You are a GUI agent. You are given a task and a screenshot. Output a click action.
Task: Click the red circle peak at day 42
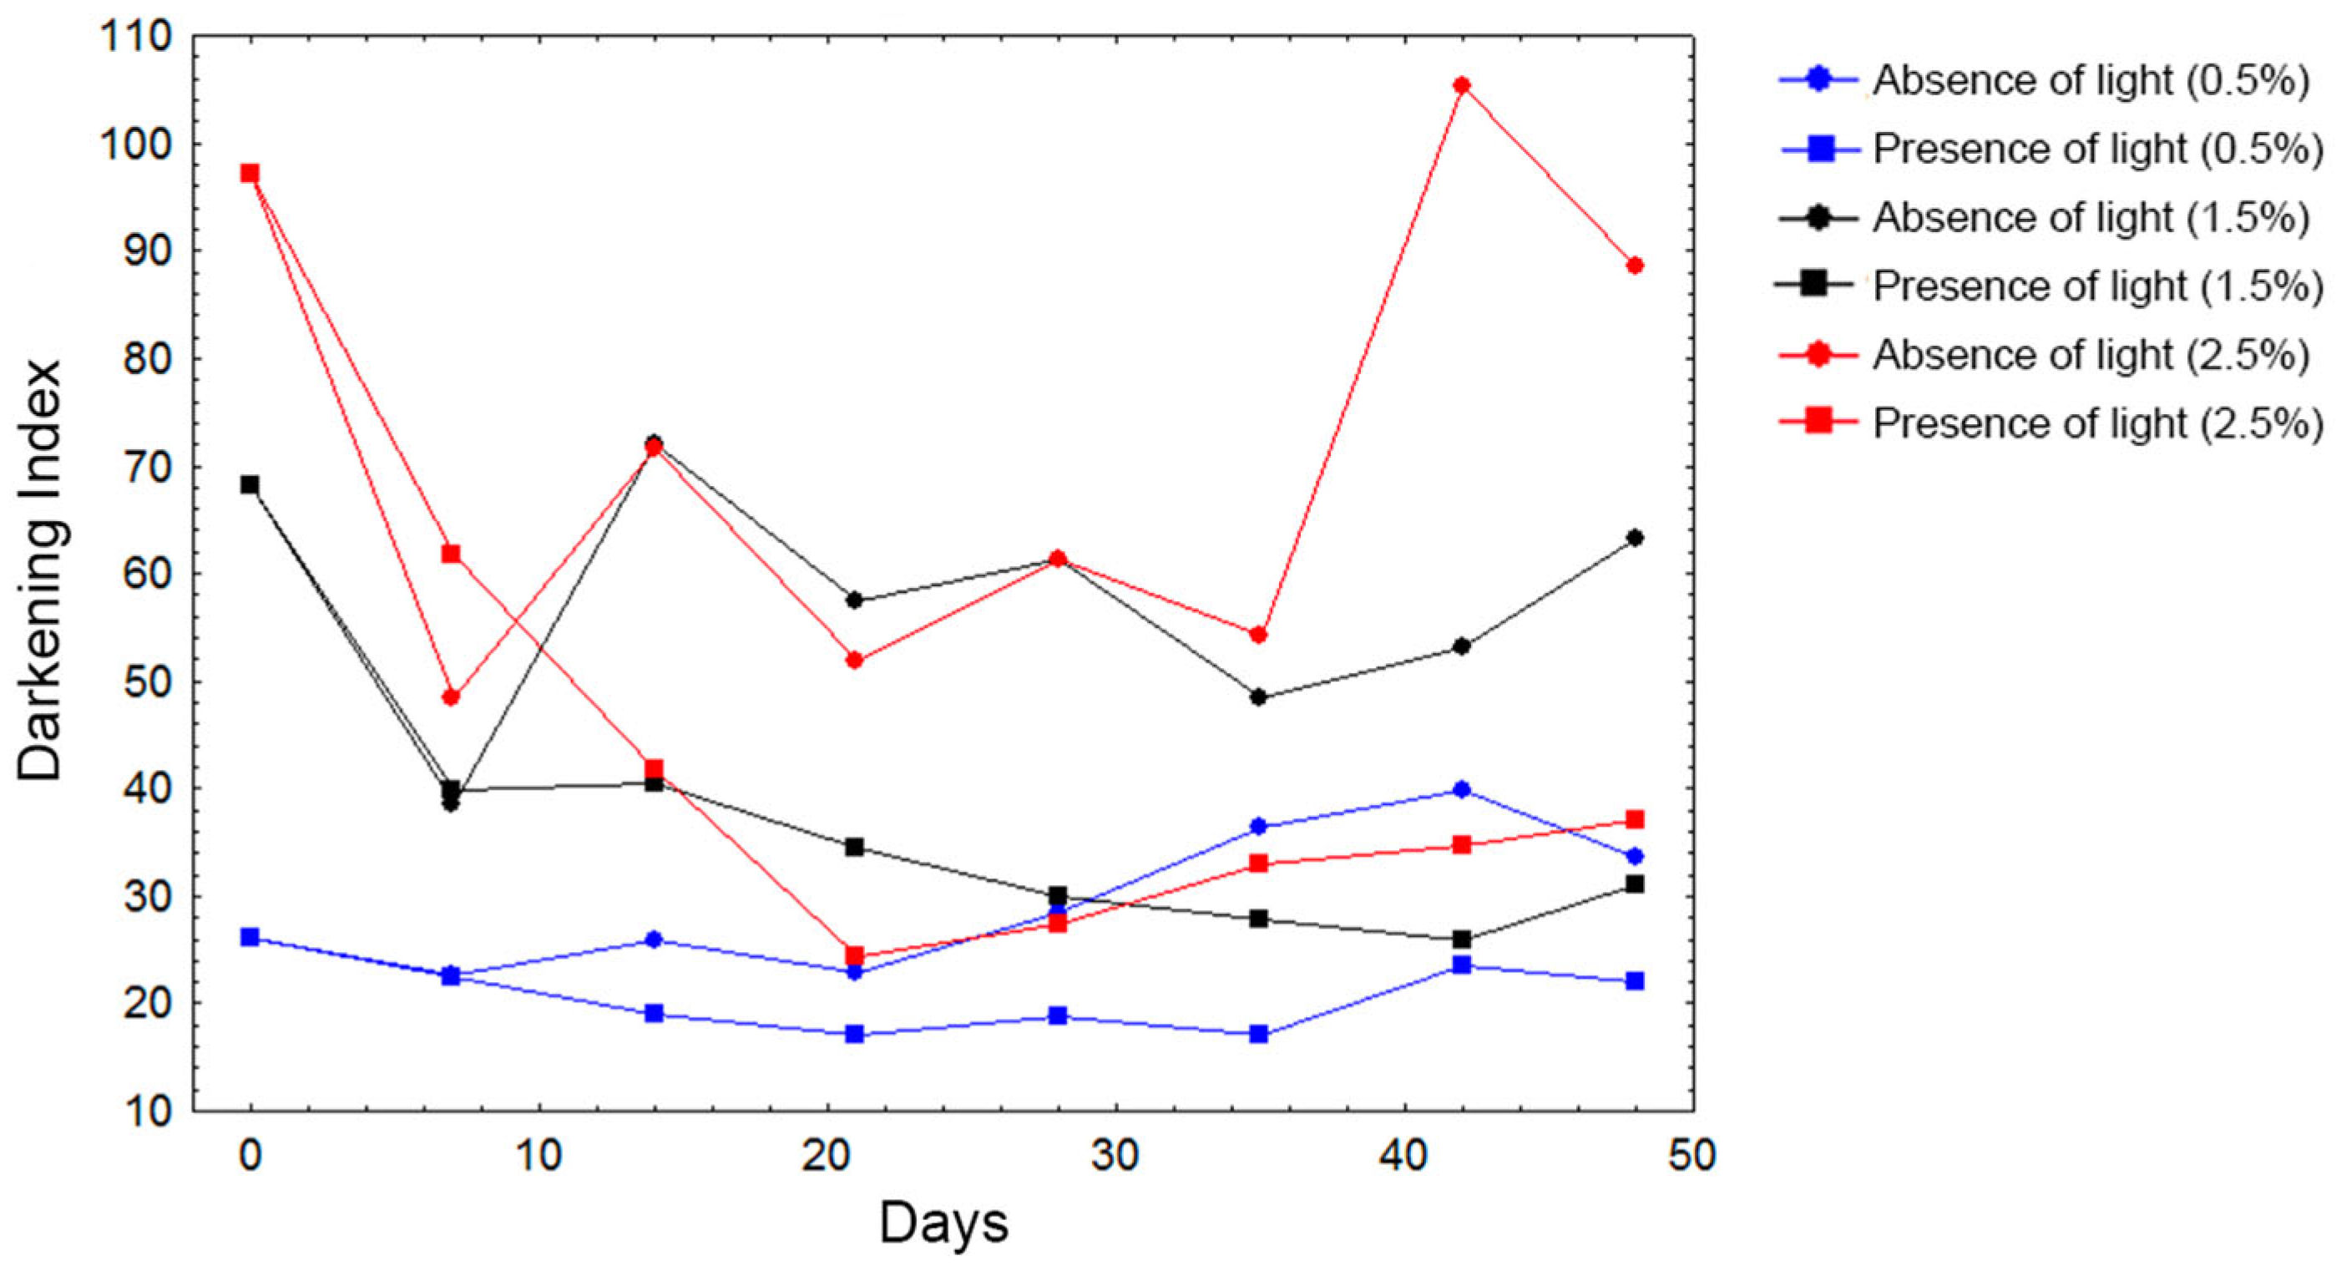1461,85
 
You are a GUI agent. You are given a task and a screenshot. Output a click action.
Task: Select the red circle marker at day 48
1634,266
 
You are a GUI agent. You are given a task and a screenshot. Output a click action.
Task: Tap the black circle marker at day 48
1634,538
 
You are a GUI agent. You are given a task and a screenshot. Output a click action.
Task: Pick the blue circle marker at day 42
1461,789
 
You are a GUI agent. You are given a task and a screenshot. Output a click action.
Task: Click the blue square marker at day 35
1258,1034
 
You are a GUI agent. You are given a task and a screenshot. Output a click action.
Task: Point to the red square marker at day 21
854,955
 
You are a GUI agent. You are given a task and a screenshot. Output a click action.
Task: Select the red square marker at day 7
451,553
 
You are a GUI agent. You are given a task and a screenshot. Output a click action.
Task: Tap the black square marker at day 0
250,484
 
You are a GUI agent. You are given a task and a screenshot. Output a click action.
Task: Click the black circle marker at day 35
1258,697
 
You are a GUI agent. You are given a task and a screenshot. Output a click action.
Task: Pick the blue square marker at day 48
1634,980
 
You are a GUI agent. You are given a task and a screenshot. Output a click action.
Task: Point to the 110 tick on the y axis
136,38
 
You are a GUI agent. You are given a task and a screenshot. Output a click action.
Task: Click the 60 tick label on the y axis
147,574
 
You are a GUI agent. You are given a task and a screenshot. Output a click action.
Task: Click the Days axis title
943,1223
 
